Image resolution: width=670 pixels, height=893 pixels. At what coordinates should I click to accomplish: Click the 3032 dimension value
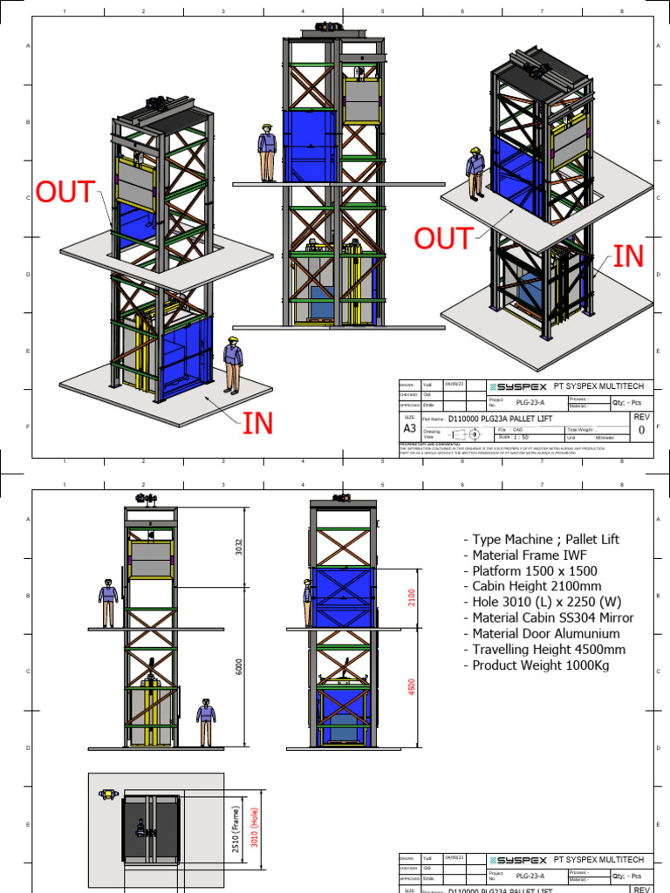(238, 547)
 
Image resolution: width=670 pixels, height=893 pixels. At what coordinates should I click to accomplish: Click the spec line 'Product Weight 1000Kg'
(541, 665)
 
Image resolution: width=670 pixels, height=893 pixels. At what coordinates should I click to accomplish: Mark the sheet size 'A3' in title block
(409, 429)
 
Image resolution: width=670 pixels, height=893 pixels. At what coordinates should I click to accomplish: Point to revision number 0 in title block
(642, 430)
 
